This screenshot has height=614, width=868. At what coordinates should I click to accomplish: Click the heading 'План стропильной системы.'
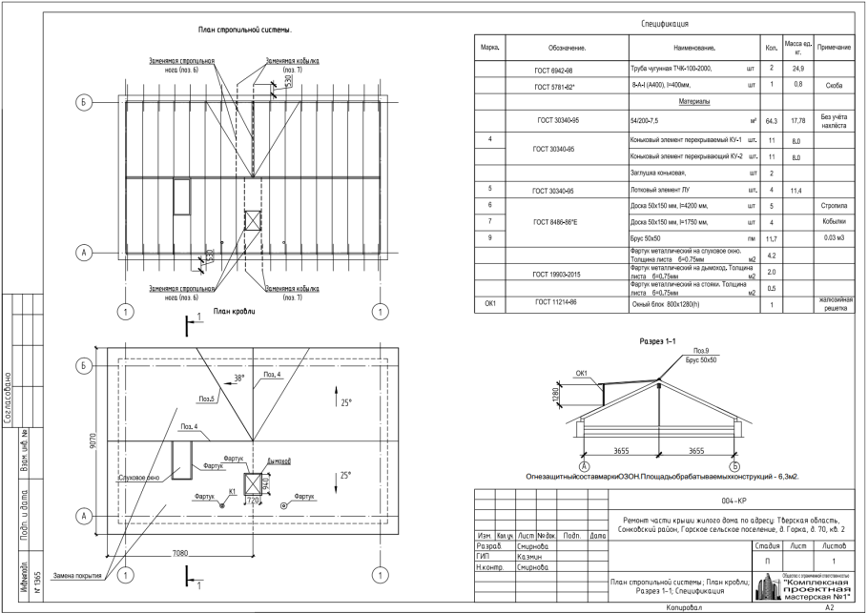244,31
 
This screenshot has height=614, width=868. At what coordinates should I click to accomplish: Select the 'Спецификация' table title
667,23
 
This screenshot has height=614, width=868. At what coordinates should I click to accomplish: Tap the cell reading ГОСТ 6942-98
554,70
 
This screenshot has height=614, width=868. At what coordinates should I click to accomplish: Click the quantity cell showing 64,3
772,121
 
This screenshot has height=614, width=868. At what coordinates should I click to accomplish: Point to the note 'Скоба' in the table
833,86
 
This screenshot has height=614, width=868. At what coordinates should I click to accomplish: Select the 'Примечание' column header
840,47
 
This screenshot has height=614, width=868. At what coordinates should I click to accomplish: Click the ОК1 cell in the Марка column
490,304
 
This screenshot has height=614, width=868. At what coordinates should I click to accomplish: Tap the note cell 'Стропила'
833,206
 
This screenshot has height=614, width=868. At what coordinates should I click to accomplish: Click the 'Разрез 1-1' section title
655,340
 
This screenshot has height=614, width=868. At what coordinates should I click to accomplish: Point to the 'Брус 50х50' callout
701,360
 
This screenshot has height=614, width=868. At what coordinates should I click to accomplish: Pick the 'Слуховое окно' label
138,477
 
